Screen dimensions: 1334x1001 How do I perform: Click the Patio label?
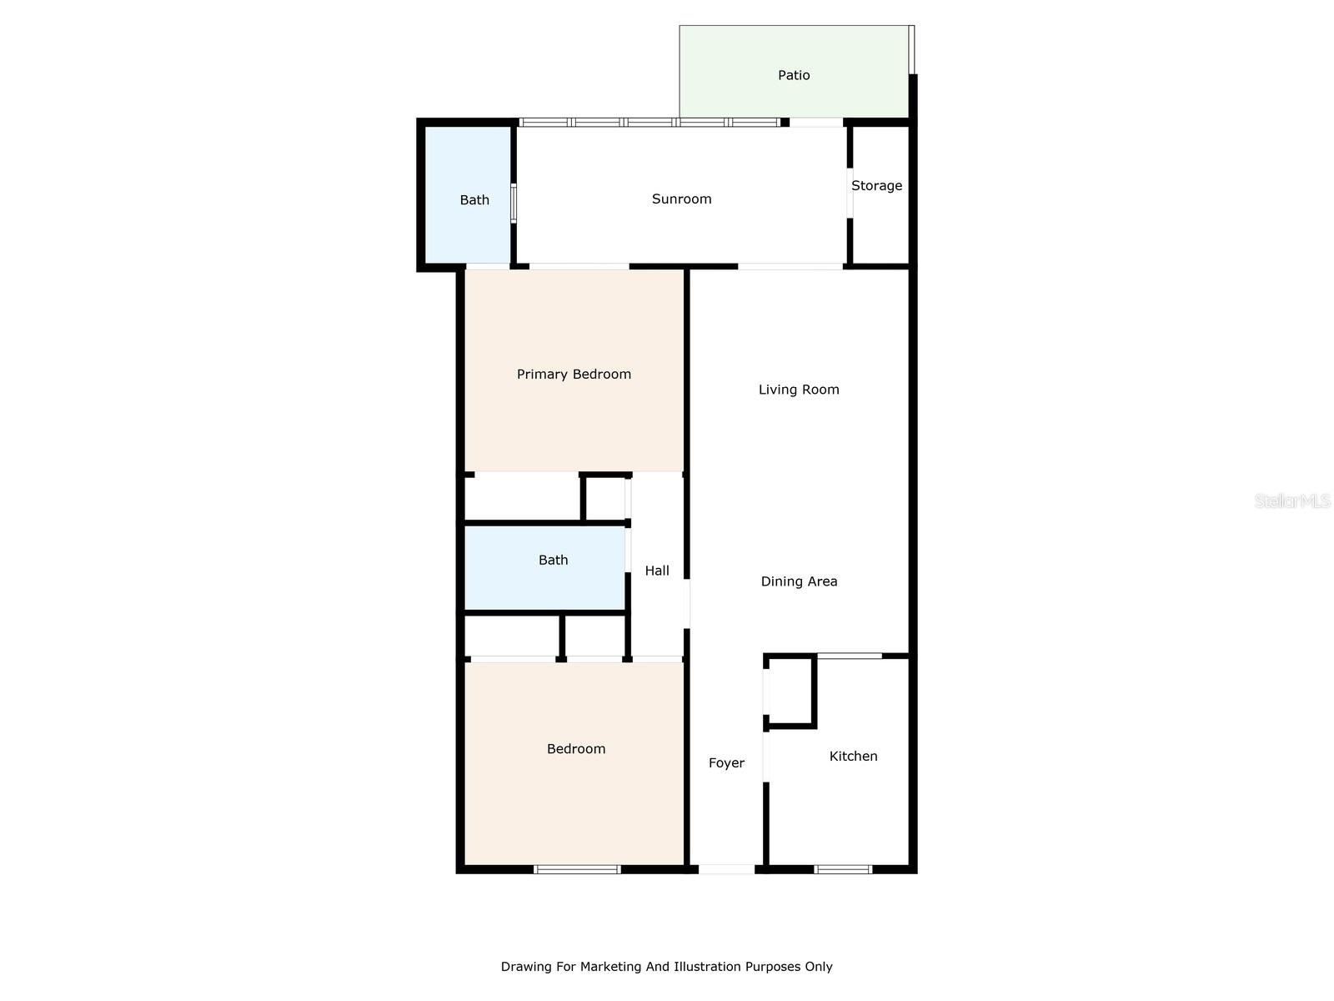tap(793, 75)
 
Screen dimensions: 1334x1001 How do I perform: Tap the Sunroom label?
tap(681, 199)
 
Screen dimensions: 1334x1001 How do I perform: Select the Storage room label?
tap(876, 185)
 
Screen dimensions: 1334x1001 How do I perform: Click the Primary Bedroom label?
tap(574, 374)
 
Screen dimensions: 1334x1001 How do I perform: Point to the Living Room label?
tap(799, 390)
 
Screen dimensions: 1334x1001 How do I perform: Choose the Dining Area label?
tap(799, 581)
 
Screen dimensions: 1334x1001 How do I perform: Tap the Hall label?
tap(657, 570)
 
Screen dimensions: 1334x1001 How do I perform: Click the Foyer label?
tap(726, 762)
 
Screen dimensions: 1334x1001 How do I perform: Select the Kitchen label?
tap(853, 756)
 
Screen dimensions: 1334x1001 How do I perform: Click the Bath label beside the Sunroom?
tap(474, 200)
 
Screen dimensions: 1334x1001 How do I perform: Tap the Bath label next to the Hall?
tap(553, 560)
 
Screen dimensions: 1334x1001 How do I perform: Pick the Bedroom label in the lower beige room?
tap(576, 749)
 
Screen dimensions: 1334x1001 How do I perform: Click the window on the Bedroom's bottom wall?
tap(577, 870)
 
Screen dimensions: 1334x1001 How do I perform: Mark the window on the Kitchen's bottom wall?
tap(843, 870)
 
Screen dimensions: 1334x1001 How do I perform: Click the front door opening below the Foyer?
tap(726, 870)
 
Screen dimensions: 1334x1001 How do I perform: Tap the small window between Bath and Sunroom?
tap(514, 203)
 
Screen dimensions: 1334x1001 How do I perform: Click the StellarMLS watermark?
tap(1292, 500)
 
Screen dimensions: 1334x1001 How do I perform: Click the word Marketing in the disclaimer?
tap(610, 967)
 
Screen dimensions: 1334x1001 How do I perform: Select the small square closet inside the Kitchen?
tap(790, 691)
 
